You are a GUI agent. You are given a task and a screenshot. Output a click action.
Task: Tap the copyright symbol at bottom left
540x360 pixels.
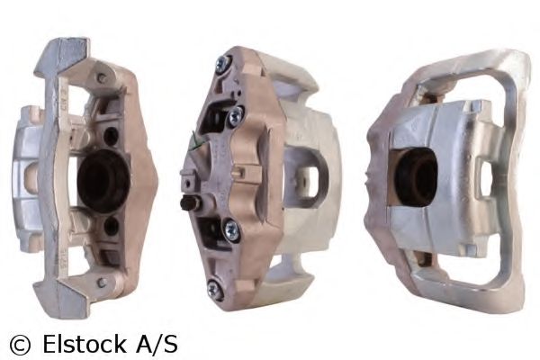point(19,344)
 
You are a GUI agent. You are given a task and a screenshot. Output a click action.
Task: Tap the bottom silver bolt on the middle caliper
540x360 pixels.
point(215,290)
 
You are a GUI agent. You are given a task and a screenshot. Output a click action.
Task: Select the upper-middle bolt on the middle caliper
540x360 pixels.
point(237,116)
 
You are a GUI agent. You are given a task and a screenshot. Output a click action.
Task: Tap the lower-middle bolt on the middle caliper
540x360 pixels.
point(231,231)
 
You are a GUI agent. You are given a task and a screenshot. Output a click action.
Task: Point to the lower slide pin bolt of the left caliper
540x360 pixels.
point(101,283)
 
